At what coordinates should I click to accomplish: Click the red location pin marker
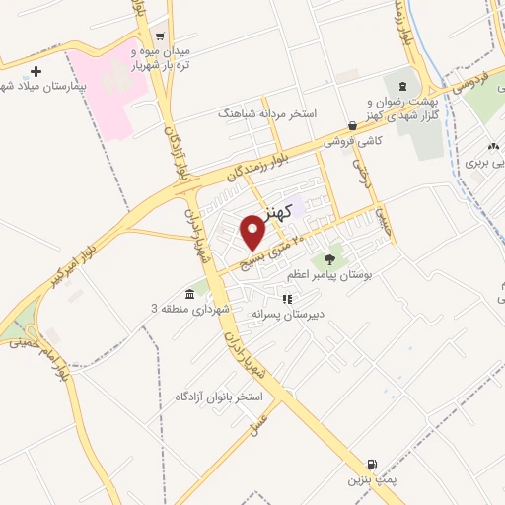(x=254, y=232)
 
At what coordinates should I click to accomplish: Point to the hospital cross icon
(x=37, y=71)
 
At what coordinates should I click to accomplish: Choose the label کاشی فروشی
(x=356, y=142)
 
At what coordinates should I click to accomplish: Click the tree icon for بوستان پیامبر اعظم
(x=326, y=259)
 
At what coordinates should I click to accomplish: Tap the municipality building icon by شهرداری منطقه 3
(x=188, y=294)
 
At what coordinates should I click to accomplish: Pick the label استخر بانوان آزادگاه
(x=217, y=397)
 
